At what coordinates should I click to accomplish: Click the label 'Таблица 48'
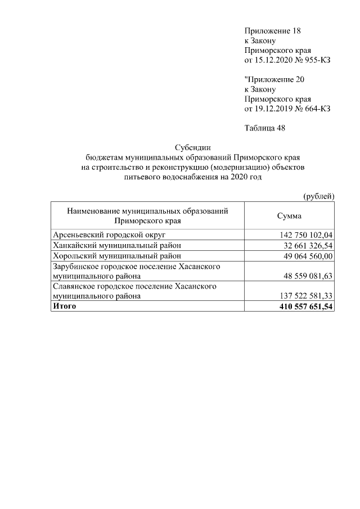(x=265, y=128)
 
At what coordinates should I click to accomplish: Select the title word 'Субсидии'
(x=192, y=147)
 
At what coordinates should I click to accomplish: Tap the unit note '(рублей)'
(x=318, y=196)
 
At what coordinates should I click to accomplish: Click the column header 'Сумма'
(x=289, y=216)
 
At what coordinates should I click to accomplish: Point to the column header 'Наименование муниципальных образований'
(x=147, y=211)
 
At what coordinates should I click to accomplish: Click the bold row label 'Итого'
(x=64, y=306)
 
